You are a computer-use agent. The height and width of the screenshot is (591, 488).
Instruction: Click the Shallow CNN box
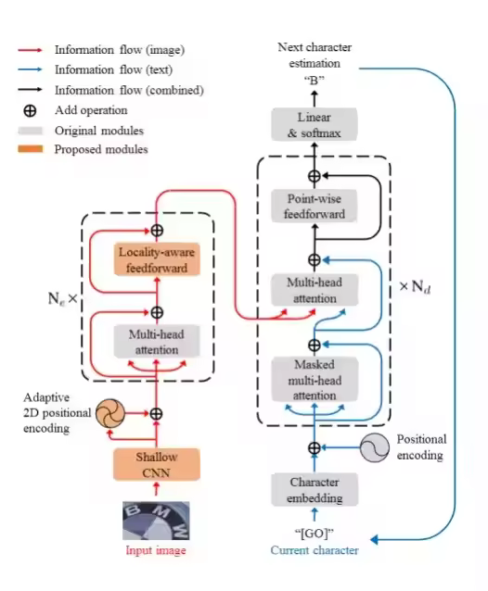157,464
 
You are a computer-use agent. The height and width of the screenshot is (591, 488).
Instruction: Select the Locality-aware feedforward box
157,259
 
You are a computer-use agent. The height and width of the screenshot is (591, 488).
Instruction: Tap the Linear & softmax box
315,124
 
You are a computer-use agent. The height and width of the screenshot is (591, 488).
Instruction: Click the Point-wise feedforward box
315,206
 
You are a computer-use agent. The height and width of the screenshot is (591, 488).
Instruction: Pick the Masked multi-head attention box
315,380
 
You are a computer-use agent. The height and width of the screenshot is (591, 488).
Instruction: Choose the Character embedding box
315,490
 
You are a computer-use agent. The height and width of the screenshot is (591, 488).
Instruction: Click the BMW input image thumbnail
156,521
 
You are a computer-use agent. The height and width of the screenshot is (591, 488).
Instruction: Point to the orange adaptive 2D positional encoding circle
109,413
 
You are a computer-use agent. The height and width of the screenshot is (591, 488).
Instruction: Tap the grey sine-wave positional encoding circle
375,447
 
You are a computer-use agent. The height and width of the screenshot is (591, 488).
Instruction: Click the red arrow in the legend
31,50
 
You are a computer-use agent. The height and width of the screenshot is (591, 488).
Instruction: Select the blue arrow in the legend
31,69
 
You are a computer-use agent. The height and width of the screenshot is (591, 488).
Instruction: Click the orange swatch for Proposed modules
31,149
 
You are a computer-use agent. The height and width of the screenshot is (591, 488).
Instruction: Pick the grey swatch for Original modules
31,131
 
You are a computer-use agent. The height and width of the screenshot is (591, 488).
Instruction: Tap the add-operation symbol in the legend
31,110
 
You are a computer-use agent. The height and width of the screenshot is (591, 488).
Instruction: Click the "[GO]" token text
315,534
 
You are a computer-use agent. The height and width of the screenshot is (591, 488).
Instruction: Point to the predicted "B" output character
315,81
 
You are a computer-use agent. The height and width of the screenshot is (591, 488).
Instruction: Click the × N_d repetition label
415,287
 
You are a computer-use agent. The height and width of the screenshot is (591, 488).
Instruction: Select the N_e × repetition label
63,299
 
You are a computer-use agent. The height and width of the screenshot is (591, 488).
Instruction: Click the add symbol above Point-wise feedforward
315,176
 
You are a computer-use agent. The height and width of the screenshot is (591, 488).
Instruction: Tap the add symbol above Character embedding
315,447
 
